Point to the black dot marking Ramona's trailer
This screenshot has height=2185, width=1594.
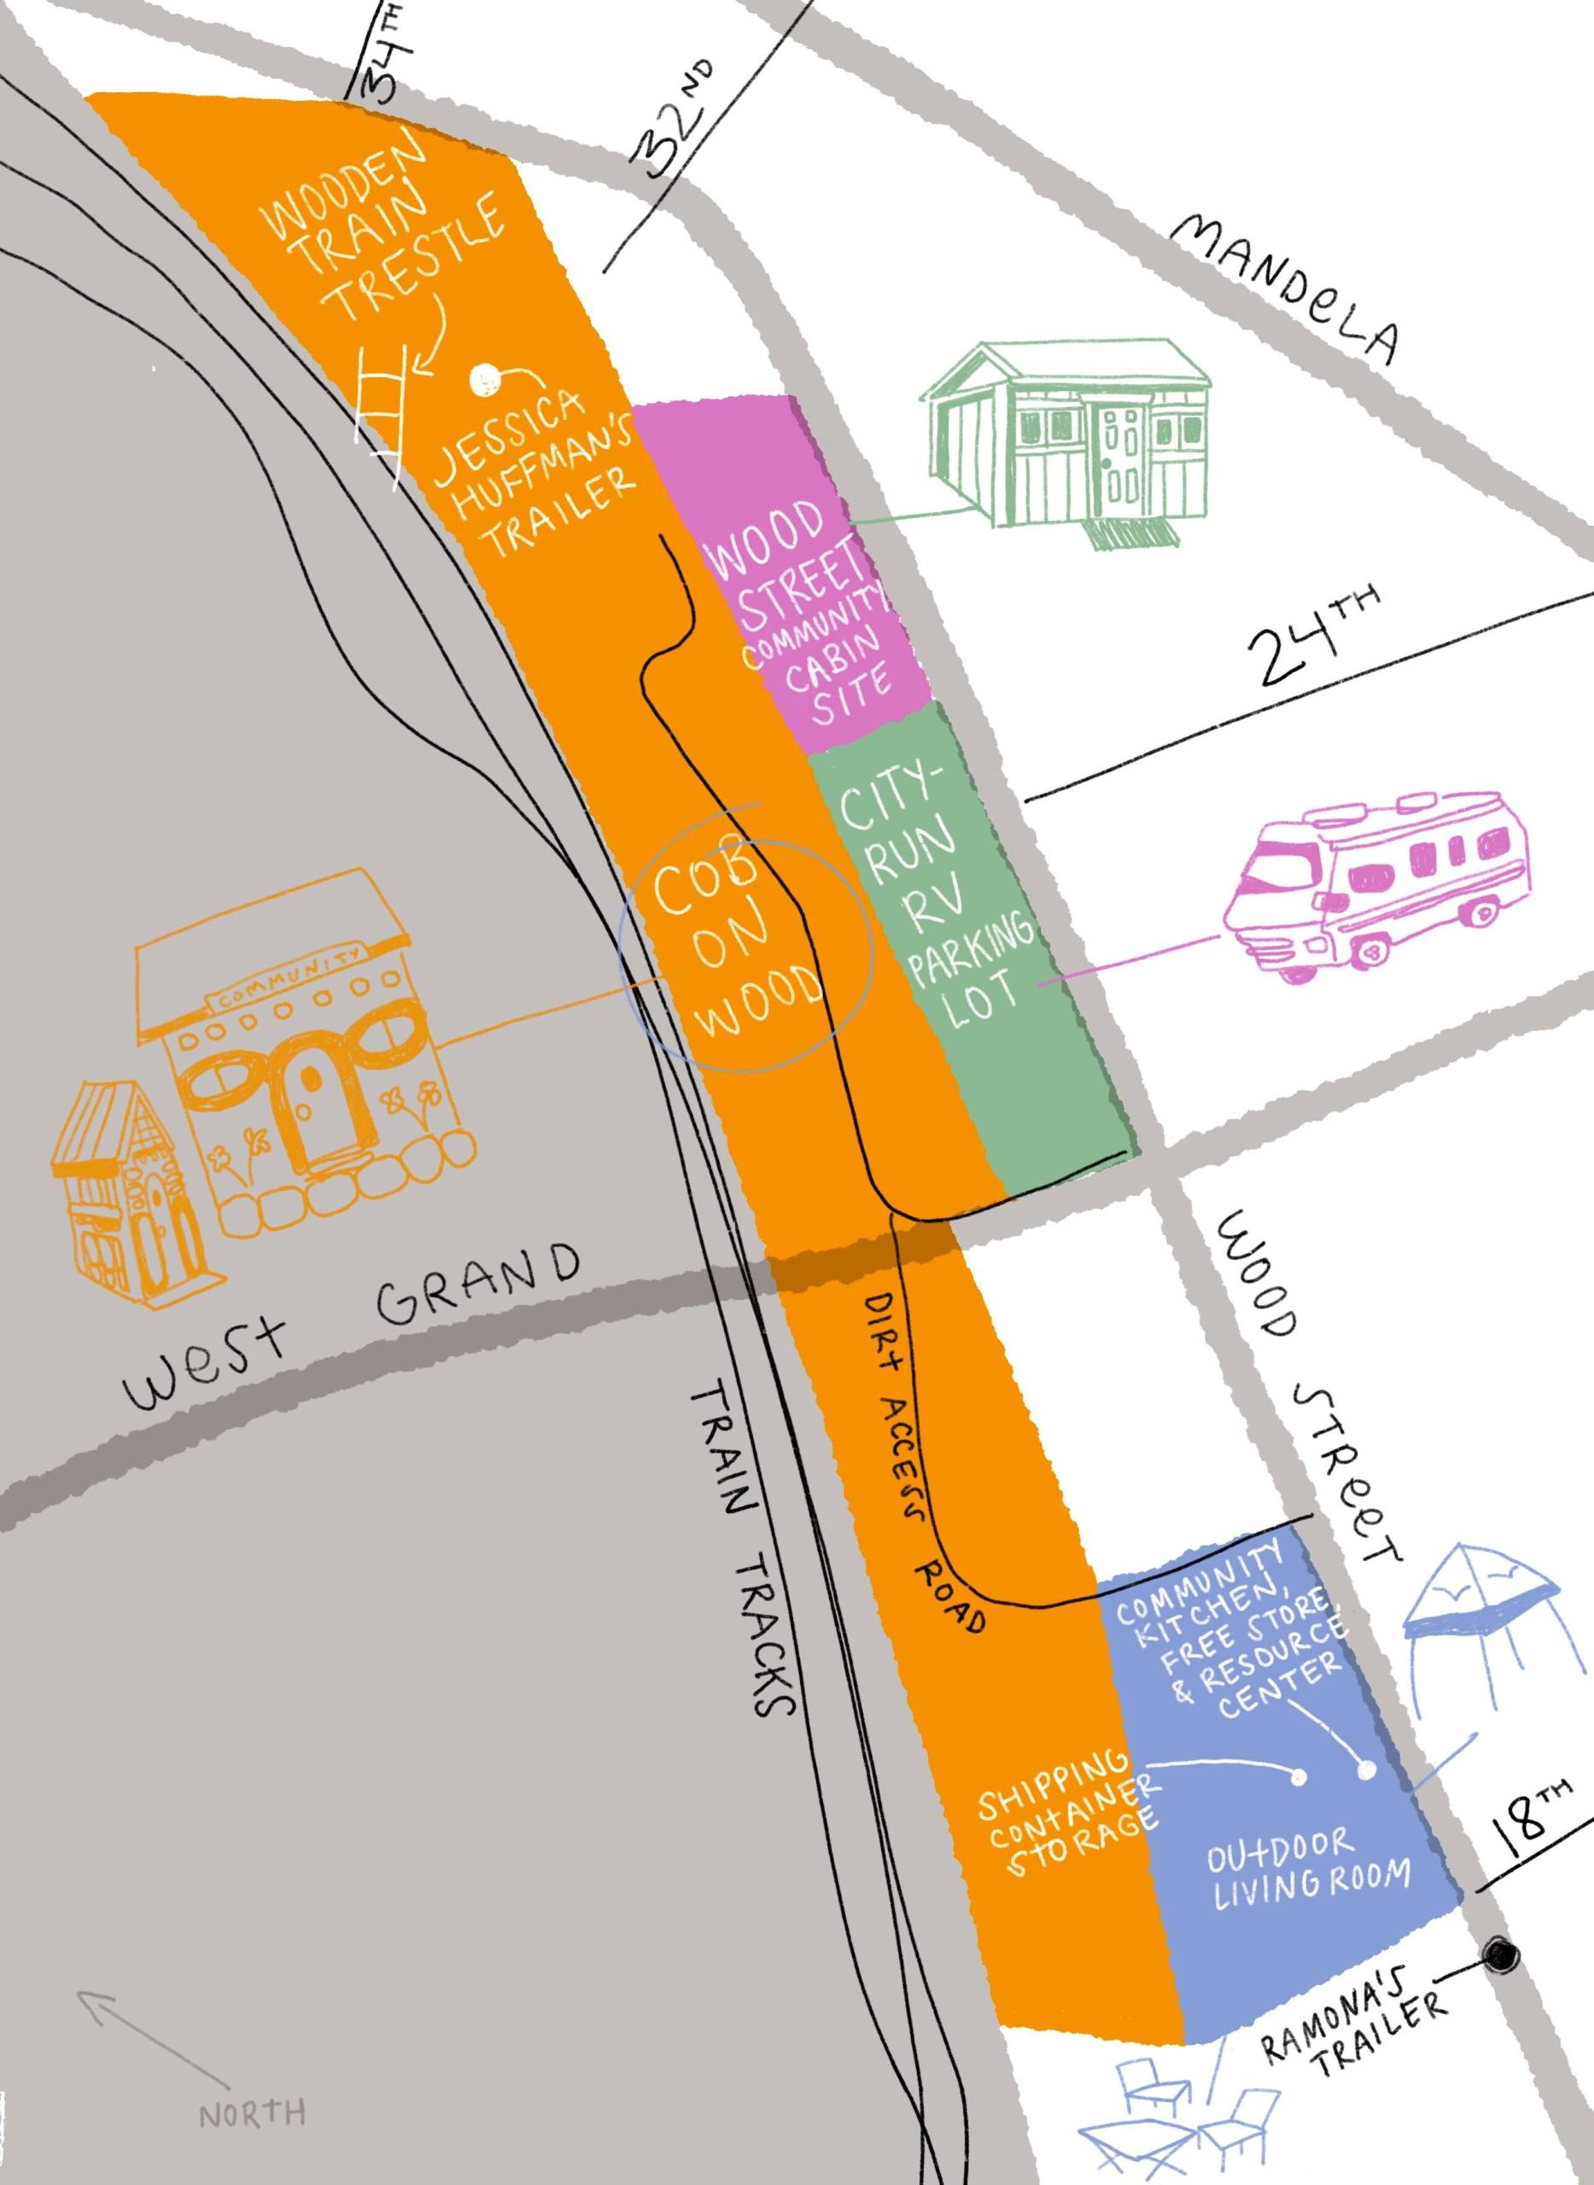[x=1502, y=1899]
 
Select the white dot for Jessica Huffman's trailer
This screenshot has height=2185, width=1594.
[x=483, y=380]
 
